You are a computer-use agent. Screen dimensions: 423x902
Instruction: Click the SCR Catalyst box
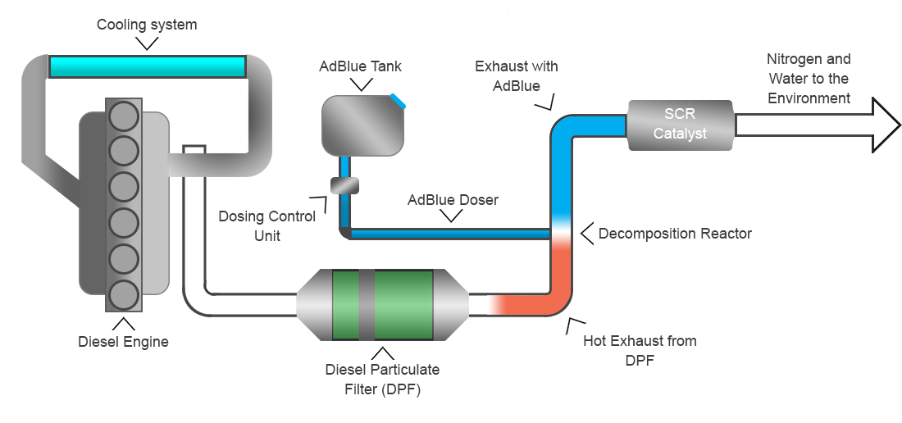click(680, 125)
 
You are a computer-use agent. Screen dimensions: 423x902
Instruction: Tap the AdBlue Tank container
click(363, 125)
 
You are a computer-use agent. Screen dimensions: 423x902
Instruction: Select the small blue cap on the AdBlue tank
click(398, 101)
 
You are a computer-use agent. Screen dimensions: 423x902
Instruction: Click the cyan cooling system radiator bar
click(148, 66)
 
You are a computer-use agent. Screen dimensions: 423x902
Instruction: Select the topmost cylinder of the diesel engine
click(124, 115)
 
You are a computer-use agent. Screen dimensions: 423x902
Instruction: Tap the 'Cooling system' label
click(147, 25)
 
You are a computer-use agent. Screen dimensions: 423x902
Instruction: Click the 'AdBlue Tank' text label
click(360, 66)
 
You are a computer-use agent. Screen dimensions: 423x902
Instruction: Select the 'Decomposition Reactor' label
click(674, 234)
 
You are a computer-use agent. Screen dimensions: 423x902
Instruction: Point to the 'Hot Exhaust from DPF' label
click(640, 350)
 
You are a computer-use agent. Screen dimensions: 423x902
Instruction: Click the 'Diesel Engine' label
click(123, 342)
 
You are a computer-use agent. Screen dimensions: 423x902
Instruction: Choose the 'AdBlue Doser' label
click(453, 200)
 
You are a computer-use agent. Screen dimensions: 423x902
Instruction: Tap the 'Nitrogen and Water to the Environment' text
click(809, 79)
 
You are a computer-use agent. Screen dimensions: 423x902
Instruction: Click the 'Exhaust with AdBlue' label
click(516, 76)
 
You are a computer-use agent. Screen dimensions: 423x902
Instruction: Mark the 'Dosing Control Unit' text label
click(266, 226)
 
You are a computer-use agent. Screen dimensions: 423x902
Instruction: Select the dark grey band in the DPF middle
click(367, 305)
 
